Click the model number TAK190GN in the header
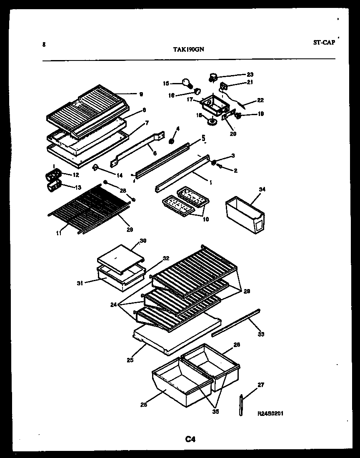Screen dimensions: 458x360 click(188, 49)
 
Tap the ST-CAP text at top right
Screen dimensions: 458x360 click(323, 42)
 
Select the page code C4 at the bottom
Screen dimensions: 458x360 click(190, 439)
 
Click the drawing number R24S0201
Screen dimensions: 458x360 click(271, 413)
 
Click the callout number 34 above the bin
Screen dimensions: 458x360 click(262, 189)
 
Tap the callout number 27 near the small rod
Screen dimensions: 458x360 click(261, 385)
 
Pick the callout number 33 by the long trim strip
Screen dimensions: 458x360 click(261, 334)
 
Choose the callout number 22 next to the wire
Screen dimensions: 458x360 click(260, 100)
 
